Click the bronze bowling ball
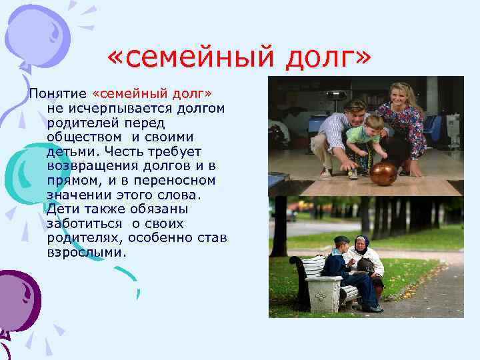coord(383,173)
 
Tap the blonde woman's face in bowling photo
coord(401,94)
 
